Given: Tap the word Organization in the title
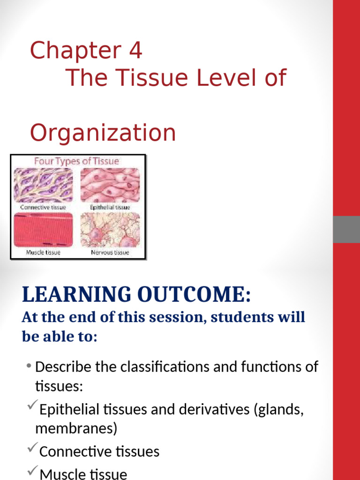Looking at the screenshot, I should tap(103, 133).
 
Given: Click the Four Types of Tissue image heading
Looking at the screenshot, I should tap(76, 161).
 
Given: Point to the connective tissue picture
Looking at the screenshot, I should tap(44, 185).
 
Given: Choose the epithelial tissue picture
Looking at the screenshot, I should tap(110, 185).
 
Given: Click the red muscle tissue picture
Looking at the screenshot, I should tap(44, 229).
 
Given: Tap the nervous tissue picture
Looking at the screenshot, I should tap(110, 229).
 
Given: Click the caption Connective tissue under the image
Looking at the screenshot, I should tap(44, 207).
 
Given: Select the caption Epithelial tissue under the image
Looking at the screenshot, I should tap(110, 207).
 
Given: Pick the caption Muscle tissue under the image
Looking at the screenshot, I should tap(44, 252).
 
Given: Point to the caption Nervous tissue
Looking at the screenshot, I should tap(110, 252).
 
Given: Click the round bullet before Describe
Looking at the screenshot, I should tap(29, 366).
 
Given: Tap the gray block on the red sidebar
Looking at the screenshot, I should tap(346, 229).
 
